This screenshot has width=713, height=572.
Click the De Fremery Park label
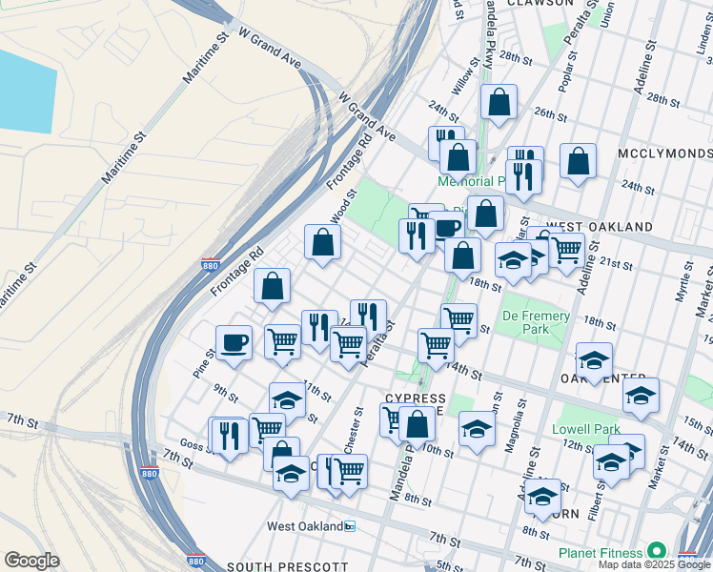(x=537, y=322)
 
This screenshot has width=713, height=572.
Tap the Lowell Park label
(x=586, y=429)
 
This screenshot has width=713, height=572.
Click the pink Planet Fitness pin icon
(x=656, y=551)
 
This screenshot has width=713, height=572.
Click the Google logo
(x=32, y=560)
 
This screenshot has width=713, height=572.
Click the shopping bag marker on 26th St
(x=499, y=103)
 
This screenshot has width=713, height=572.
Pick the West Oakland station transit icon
(x=350, y=526)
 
